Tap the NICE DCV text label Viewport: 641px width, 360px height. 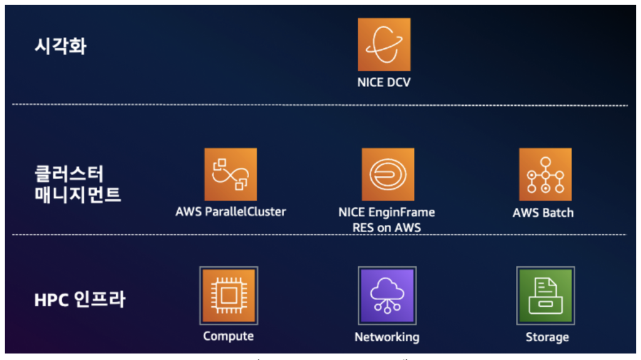point(384,82)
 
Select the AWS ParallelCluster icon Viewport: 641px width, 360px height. point(230,174)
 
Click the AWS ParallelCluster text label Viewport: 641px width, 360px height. point(230,212)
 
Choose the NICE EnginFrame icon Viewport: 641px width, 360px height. point(387,174)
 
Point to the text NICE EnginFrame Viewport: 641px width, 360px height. point(386,212)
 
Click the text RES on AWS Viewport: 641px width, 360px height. point(386,228)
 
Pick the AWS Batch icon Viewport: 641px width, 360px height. point(545,174)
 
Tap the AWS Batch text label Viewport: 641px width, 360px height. point(543,212)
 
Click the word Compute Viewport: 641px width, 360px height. point(228,336)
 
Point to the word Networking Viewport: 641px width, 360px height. point(387,337)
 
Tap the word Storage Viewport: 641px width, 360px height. point(547,337)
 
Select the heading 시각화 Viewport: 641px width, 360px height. point(60,46)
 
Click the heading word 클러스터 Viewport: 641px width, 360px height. point(68,173)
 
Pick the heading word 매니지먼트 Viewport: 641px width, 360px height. point(78,195)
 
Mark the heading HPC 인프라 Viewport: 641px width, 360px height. point(79,299)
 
